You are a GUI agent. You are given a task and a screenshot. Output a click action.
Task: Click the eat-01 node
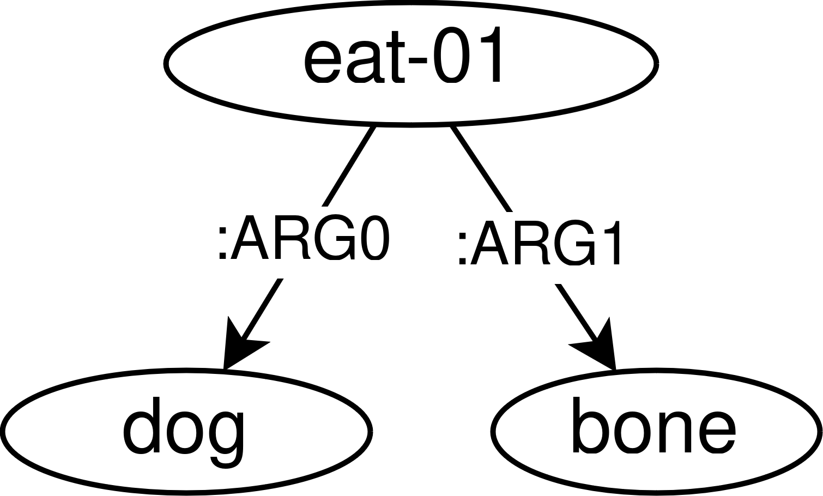(411, 63)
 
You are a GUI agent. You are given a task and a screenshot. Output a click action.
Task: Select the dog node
(186, 432)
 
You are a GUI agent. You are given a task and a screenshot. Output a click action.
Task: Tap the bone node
(656, 432)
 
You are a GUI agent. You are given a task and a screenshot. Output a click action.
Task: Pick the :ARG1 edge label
(540, 243)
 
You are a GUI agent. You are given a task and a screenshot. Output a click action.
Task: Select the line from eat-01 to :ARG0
(349, 166)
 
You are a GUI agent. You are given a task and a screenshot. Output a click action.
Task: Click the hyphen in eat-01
(417, 58)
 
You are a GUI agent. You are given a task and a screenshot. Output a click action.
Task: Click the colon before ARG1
(462, 248)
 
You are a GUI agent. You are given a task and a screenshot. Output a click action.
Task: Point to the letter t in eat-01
(398, 57)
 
